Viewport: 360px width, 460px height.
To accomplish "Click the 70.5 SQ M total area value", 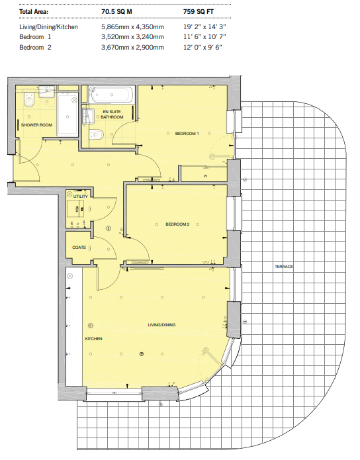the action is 116,12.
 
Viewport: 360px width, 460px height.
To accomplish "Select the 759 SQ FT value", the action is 199,12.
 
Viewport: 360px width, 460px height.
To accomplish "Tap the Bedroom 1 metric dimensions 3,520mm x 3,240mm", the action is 132,37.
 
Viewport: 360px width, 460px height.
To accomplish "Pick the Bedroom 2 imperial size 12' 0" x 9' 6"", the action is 202,47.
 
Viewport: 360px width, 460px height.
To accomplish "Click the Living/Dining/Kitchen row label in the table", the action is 48,27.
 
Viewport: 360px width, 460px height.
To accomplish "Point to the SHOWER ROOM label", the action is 36,125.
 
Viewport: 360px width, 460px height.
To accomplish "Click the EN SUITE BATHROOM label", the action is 112,115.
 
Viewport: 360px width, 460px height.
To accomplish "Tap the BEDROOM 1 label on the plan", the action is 187,134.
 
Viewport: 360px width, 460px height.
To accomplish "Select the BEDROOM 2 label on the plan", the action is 177,224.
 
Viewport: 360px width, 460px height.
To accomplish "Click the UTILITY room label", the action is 80,197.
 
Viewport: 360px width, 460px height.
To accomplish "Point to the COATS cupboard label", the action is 79,248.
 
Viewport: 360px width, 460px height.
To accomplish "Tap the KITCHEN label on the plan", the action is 93,339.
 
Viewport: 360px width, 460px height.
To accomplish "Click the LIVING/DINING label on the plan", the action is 161,325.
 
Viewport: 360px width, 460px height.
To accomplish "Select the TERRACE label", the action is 284,266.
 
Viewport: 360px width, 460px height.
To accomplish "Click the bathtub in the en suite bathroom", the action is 111,95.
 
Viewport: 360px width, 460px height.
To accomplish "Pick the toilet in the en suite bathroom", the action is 97,134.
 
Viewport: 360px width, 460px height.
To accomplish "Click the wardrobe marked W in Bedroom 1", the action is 204,174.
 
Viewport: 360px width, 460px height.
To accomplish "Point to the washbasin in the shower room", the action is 47,92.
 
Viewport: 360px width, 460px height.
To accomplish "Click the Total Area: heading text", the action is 34,12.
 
